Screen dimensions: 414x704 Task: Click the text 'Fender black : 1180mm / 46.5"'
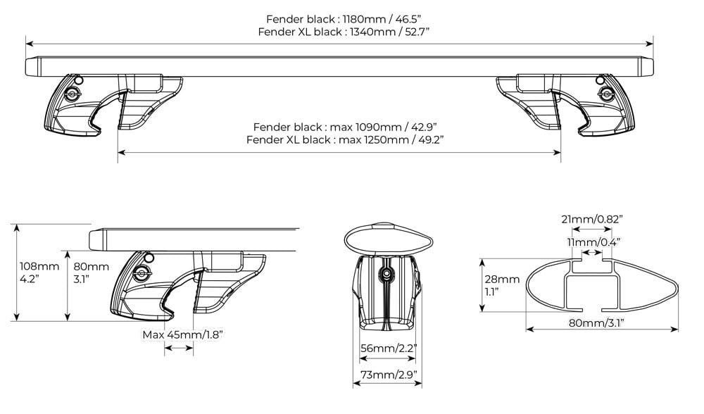(344, 19)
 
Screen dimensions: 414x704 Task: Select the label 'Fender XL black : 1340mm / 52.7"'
(344, 32)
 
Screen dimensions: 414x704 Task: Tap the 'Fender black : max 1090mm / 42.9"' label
(345, 127)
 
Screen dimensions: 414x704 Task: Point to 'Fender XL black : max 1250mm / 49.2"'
(345, 139)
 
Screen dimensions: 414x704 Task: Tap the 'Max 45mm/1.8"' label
(182, 334)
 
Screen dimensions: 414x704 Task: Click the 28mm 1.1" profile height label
(502, 285)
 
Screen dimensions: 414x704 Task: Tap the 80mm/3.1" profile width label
(602, 323)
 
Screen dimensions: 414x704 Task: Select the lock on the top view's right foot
(604, 93)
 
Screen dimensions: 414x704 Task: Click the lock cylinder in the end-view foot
(386, 273)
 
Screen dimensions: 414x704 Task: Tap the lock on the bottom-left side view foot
(140, 274)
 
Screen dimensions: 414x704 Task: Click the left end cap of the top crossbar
(31, 66)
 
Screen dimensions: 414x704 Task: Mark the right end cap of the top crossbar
(646, 66)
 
